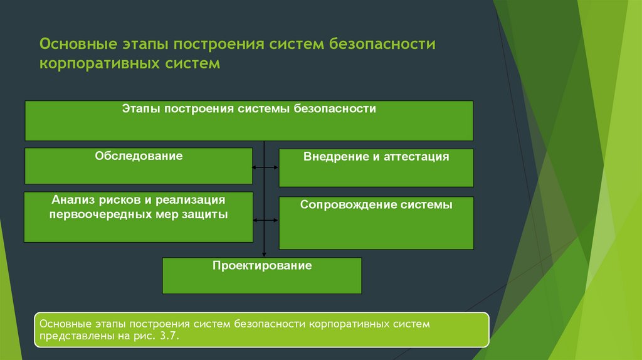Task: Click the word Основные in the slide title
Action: click(x=78, y=44)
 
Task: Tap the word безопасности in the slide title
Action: click(x=382, y=44)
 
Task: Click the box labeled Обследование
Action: click(x=139, y=166)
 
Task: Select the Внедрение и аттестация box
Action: click(x=376, y=168)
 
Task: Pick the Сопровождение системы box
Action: click(x=376, y=223)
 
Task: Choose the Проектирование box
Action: click(x=262, y=275)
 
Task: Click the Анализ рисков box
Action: click(x=139, y=217)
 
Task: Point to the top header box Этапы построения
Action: click(x=249, y=121)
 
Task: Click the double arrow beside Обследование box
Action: click(x=265, y=167)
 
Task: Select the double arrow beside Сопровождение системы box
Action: click(x=265, y=220)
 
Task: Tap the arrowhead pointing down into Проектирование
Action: click(x=264, y=255)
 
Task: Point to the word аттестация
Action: click(x=416, y=157)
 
